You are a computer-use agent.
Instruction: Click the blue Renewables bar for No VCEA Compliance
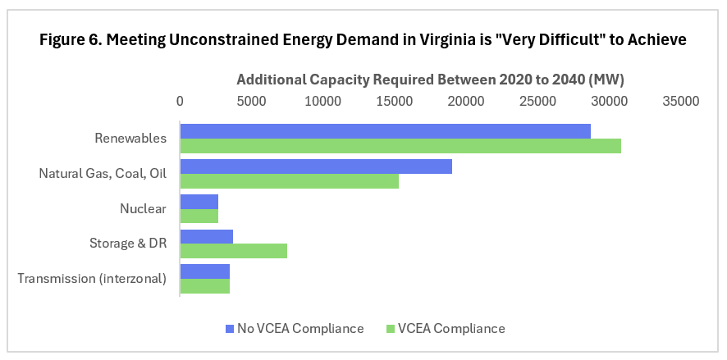tap(385, 131)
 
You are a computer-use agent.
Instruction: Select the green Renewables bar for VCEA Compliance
tap(400, 146)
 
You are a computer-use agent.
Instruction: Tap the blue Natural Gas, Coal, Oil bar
tap(316, 166)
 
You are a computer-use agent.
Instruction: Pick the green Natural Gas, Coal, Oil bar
tap(289, 181)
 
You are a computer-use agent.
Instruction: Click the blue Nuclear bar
tap(199, 202)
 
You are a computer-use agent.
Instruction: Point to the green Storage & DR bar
tap(233, 251)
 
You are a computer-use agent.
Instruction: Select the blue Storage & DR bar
tap(206, 237)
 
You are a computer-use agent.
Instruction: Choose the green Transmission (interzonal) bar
tap(204, 286)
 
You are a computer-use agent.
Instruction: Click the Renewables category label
tap(130, 139)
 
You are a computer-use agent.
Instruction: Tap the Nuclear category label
tap(143, 208)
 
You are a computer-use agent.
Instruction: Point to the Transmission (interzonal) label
tap(92, 279)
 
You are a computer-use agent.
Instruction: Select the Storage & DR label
tap(128, 244)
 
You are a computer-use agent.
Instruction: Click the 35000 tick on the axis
tap(681, 102)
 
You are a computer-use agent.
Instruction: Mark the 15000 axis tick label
tap(395, 102)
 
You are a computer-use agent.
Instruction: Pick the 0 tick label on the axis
tap(181, 102)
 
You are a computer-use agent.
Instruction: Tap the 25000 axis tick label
tap(538, 102)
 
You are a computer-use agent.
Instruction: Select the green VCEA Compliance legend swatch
tap(391, 329)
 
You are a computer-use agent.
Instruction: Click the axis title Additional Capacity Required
tap(431, 80)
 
